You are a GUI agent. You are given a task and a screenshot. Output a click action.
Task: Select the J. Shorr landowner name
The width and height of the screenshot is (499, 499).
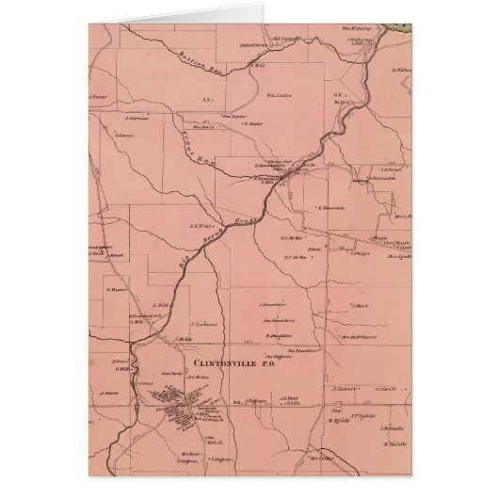(x=358, y=305)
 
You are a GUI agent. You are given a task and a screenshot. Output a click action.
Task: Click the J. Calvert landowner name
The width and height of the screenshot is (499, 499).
(x=346, y=388)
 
